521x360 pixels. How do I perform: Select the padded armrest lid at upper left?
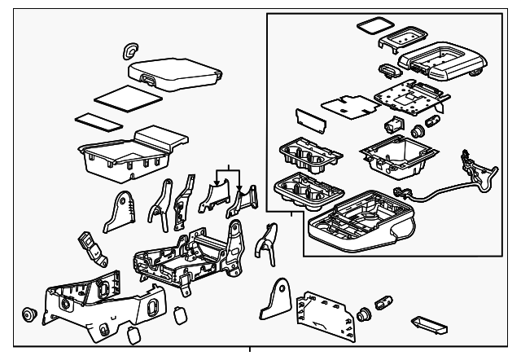pos(176,71)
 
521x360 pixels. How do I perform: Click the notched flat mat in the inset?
pos(346,105)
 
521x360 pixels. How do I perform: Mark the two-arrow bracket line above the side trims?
pos(229,169)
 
